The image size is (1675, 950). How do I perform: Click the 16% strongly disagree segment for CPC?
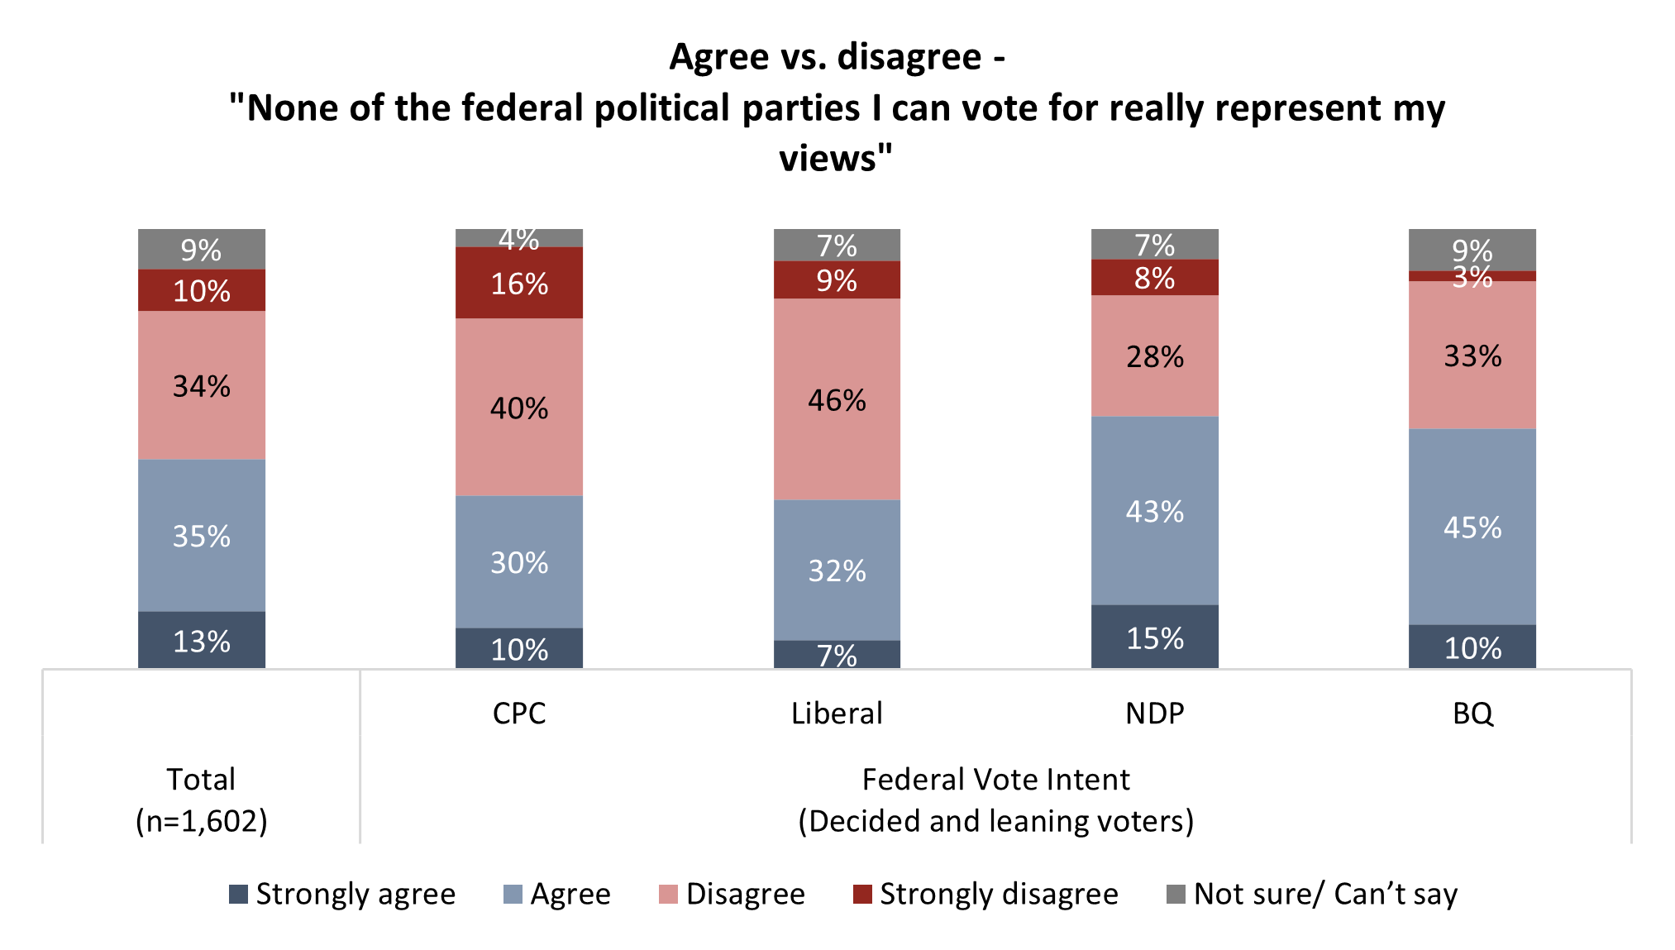pos(518,283)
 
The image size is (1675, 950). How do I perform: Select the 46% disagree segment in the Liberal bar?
pos(837,399)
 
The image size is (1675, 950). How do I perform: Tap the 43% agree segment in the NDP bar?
pos(1154,511)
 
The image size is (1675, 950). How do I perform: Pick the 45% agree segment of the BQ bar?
pos(1472,527)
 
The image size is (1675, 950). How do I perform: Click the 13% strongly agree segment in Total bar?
pos(201,641)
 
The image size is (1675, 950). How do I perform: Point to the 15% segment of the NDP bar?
pos(1154,637)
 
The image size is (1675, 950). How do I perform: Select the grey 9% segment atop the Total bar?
pos(201,249)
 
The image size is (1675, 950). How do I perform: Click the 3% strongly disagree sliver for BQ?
pos(1472,276)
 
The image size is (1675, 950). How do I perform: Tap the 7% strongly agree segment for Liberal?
pos(837,654)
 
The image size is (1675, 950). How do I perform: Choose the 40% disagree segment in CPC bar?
pos(518,408)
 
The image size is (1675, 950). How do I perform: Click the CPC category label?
pos(518,713)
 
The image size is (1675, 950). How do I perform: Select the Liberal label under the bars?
pos(837,713)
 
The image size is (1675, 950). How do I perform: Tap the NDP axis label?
pos(1154,713)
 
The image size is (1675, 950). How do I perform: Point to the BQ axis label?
pos(1472,713)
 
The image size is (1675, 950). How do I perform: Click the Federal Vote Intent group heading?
pos(995,779)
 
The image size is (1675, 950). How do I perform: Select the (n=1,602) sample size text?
pos(201,820)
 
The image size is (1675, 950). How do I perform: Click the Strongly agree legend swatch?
pos(238,894)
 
